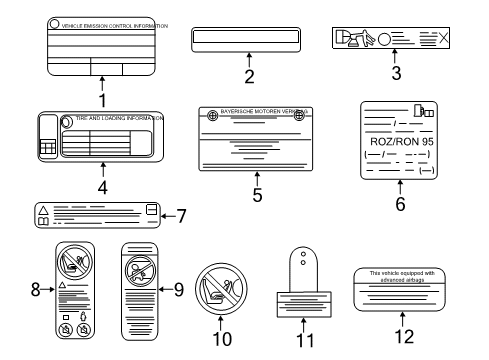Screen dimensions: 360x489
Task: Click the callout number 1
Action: (102, 99)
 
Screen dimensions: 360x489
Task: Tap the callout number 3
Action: (396, 73)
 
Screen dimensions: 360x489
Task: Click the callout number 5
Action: (257, 195)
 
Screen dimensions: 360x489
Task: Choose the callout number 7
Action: (181, 214)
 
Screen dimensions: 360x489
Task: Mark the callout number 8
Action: (36, 289)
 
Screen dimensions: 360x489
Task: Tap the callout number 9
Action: (179, 289)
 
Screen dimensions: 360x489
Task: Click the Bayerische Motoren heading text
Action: (257, 114)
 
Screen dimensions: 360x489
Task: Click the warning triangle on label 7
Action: (43, 208)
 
